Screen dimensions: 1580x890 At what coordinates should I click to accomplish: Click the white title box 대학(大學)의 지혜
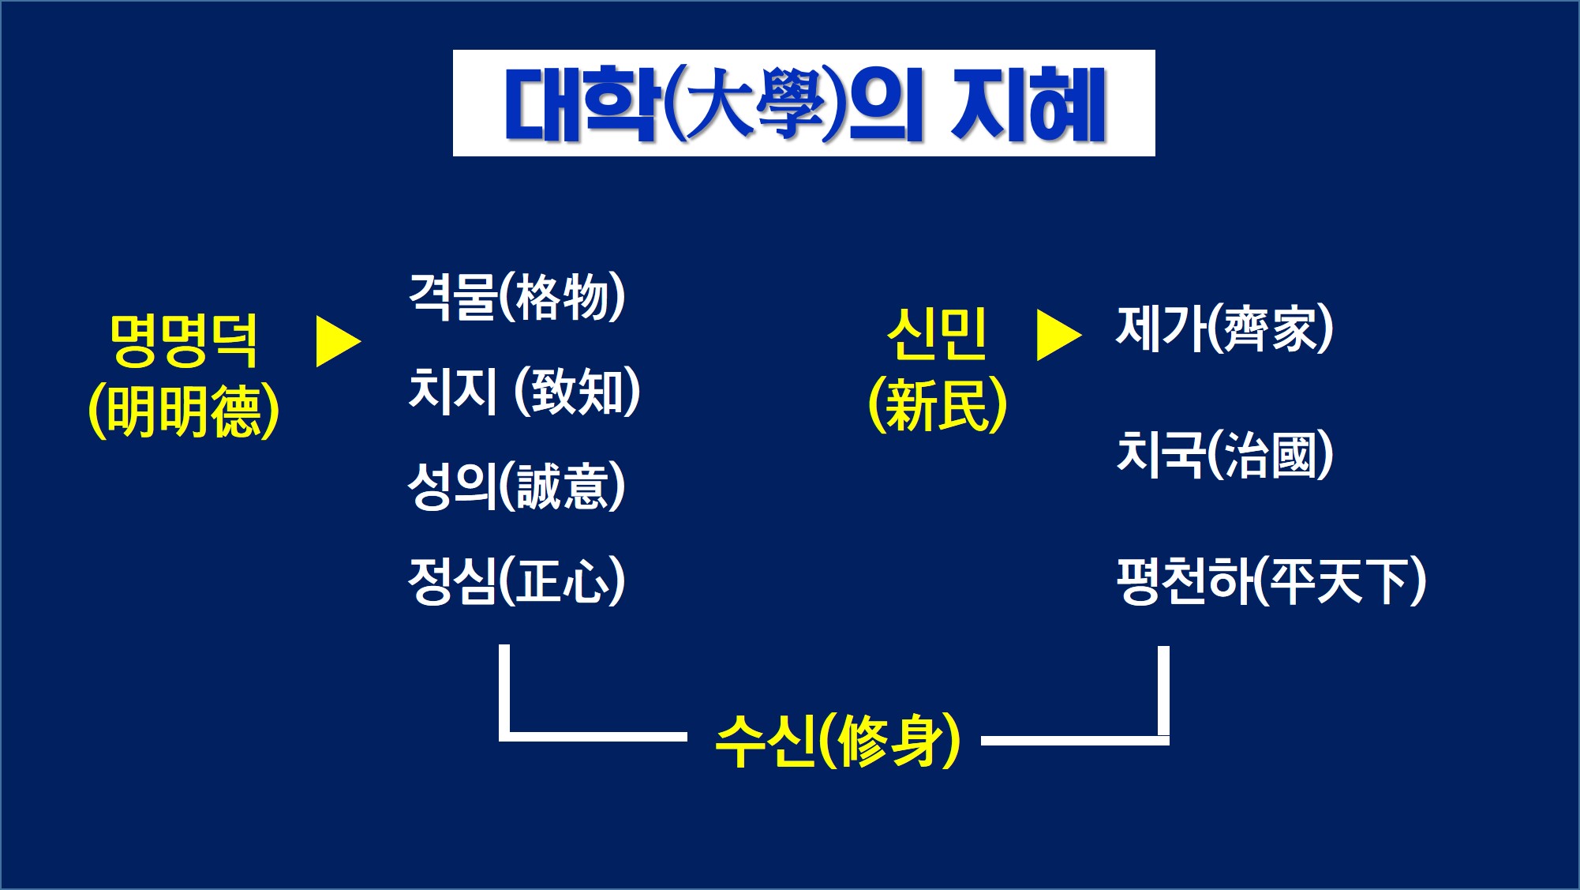[803, 103]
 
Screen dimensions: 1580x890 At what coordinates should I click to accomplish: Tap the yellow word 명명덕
[184, 341]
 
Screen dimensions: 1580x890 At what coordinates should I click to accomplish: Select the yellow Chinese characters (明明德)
[184, 411]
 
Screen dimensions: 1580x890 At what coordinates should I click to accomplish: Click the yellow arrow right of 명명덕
[338, 342]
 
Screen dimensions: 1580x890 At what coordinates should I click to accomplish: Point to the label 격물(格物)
[517, 297]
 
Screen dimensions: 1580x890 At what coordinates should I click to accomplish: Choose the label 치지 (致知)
[524, 391]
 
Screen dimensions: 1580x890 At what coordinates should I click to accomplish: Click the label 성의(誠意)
[517, 486]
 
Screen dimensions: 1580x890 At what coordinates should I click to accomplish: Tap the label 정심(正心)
[517, 580]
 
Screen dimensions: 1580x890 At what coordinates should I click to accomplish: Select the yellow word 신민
[937, 334]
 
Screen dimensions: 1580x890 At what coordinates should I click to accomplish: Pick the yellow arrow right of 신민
[1058, 335]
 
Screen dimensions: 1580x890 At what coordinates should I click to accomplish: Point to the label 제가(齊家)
[1225, 329]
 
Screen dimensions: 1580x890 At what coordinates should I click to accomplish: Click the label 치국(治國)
[1225, 454]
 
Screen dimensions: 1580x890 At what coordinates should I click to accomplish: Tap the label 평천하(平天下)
[1271, 580]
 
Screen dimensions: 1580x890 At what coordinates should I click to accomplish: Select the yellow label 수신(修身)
[838, 740]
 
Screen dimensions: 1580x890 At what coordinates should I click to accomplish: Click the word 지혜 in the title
[1028, 104]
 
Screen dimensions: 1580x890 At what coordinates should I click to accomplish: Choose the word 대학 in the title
[580, 104]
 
